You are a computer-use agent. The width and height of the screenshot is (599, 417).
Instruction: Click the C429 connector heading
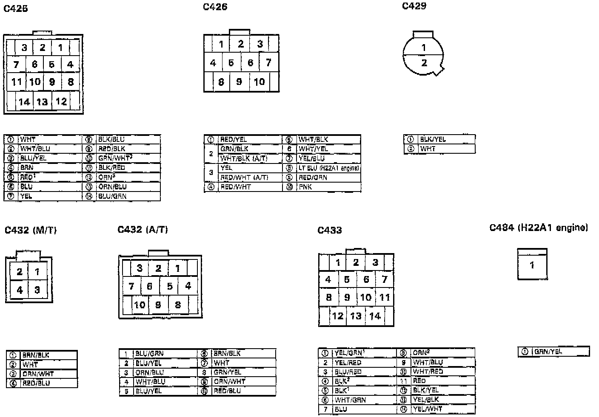(414, 6)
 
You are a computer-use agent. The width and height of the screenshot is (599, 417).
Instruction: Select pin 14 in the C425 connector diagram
(24, 102)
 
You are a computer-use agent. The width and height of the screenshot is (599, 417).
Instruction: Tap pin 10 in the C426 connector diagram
(259, 82)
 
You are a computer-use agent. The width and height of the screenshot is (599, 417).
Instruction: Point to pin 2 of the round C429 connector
(424, 63)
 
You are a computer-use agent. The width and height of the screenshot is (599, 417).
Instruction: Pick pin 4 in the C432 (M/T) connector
(20, 290)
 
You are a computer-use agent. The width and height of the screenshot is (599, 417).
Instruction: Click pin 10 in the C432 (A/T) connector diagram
(140, 305)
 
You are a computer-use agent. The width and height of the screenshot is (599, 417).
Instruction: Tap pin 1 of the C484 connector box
(532, 265)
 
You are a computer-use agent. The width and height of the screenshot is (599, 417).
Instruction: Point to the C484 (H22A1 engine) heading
(539, 228)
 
